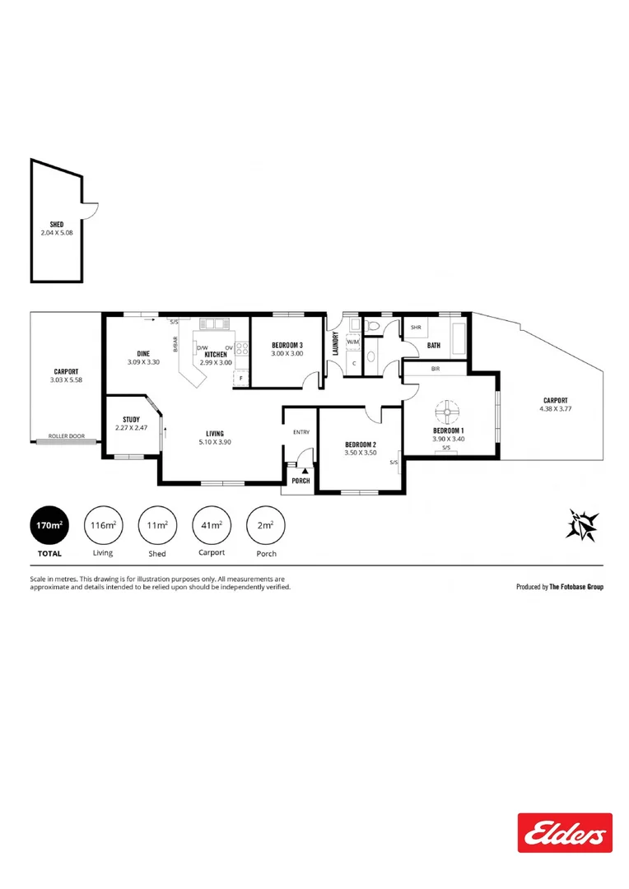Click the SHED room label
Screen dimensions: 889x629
[x=57, y=224]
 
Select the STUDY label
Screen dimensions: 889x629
[x=131, y=420]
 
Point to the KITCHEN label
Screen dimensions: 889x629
[x=216, y=355]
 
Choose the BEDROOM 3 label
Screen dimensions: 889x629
[x=287, y=345]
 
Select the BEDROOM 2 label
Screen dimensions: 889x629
[x=360, y=444]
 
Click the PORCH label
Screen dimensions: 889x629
[x=301, y=481]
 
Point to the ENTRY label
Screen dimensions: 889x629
[x=301, y=431]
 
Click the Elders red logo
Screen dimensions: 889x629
[x=565, y=832]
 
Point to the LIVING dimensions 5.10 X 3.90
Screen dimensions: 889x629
[x=215, y=441]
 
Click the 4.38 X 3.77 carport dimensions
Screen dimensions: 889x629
[x=555, y=408]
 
